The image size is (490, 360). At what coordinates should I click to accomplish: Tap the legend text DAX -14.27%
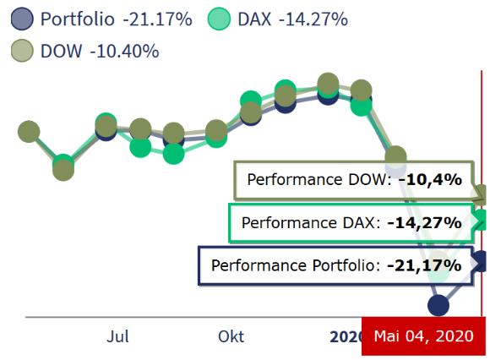pyautogui.click(x=294, y=19)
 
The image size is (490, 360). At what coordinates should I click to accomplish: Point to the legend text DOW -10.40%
pyautogui.click(x=100, y=51)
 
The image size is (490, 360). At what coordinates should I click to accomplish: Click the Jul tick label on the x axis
pyautogui.click(x=118, y=336)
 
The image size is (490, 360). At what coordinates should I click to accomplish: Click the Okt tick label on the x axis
pyautogui.click(x=231, y=336)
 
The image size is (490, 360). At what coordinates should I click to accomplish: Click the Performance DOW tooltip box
pyautogui.click(x=354, y=179)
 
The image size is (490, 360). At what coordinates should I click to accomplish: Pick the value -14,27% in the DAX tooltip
pyautogui.click(x=424, y=223)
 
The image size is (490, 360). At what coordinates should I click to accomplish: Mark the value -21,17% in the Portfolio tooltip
pyautogui.click(x=424, y=266)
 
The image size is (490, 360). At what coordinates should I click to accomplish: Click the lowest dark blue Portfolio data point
pyautogui.click(x=438, y=304)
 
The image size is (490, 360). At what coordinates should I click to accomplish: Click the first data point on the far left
pyautogui.click(x=29, y=132)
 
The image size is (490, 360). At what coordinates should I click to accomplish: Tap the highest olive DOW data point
pyautogui.click(x=329, y=85)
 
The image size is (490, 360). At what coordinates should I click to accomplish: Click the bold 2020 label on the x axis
pyautogui.click(x=345, y=336)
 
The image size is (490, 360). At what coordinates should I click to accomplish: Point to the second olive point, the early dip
pyautogui.click(x=63, y=169)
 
